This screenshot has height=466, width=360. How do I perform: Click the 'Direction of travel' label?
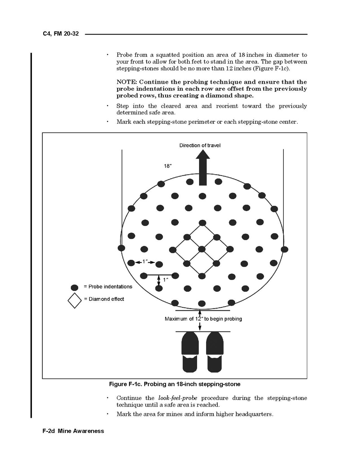(200, 145)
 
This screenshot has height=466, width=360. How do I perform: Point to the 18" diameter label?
(168, 166)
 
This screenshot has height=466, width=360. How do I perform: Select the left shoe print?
(190, 352)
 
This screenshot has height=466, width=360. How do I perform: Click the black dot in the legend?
(75, 287)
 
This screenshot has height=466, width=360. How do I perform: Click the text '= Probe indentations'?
(108, 287)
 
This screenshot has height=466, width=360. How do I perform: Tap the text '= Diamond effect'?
(104, 299)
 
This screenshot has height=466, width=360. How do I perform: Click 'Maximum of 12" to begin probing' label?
(203, 319)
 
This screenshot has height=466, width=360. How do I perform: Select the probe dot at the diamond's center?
(201, 249)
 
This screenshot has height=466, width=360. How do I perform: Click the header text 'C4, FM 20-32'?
(61, 34)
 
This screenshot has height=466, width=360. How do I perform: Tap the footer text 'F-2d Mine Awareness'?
(73, 431)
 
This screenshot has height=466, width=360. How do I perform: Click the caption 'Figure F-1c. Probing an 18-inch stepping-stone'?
(175, 384)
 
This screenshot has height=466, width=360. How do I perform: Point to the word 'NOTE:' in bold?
(126, 82)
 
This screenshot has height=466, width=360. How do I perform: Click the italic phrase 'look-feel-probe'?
(175, 398)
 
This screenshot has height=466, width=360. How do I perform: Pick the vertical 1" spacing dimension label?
(165, 280)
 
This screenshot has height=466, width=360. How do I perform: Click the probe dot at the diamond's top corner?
(202, 223)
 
